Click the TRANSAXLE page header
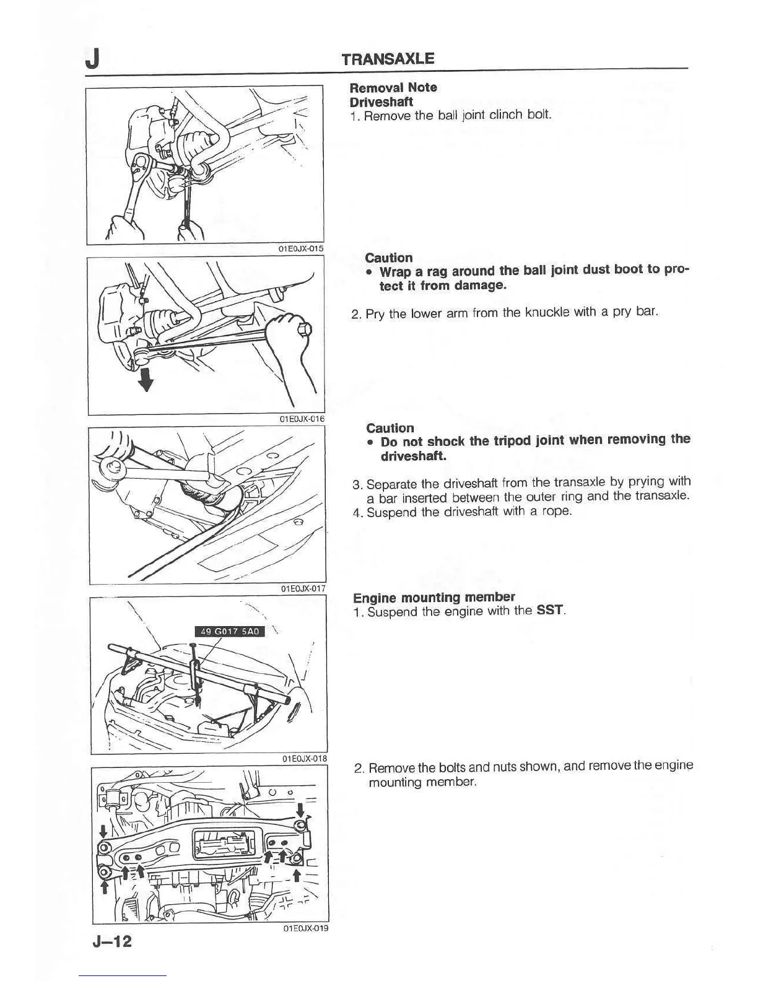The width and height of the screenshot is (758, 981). pos(388,59)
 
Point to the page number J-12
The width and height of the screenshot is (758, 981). pos(112,942)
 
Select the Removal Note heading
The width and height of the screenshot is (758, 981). pos(393,87)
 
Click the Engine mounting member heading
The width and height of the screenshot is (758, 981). pos(433,597)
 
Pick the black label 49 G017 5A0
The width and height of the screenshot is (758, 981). pos(230,631)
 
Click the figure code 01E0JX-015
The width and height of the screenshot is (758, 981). pos(300,249)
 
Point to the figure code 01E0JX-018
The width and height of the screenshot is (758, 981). pos(304,759)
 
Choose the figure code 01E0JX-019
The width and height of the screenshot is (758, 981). pos(305,928)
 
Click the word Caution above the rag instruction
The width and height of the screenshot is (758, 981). pos(389,258)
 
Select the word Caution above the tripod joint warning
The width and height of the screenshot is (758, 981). pos(390,428)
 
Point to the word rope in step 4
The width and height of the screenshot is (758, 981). pos(557,512)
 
